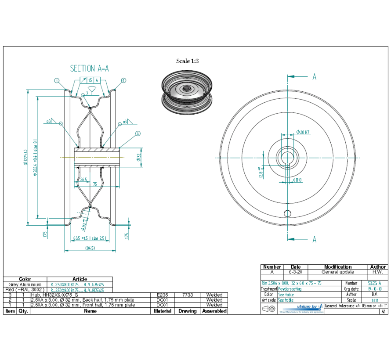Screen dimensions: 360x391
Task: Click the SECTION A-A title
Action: pos(90,68)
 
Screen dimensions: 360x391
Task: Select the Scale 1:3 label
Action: pos(188,61)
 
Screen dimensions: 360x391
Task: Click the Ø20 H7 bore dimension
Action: pos(304,132)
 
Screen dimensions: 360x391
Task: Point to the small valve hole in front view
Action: pos(287,213)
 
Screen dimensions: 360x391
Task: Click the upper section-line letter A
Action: pos(315,77)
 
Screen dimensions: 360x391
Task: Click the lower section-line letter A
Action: pos(315,239)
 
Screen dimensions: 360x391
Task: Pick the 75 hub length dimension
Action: pos(94,185)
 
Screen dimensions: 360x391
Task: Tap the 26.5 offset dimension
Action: pos(83,179)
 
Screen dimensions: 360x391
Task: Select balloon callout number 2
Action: pos(123,80)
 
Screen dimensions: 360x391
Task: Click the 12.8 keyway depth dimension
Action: pos(261,173)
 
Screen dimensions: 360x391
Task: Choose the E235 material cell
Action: pos(163,295)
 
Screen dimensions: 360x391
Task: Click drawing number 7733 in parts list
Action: pos(188,295)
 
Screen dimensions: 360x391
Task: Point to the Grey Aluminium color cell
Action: pos(25,284)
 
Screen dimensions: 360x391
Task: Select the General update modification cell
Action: pos(337,272)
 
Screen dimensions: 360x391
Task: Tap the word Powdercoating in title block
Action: pos(290,289)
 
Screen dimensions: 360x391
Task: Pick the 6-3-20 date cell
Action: pos(296,272)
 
